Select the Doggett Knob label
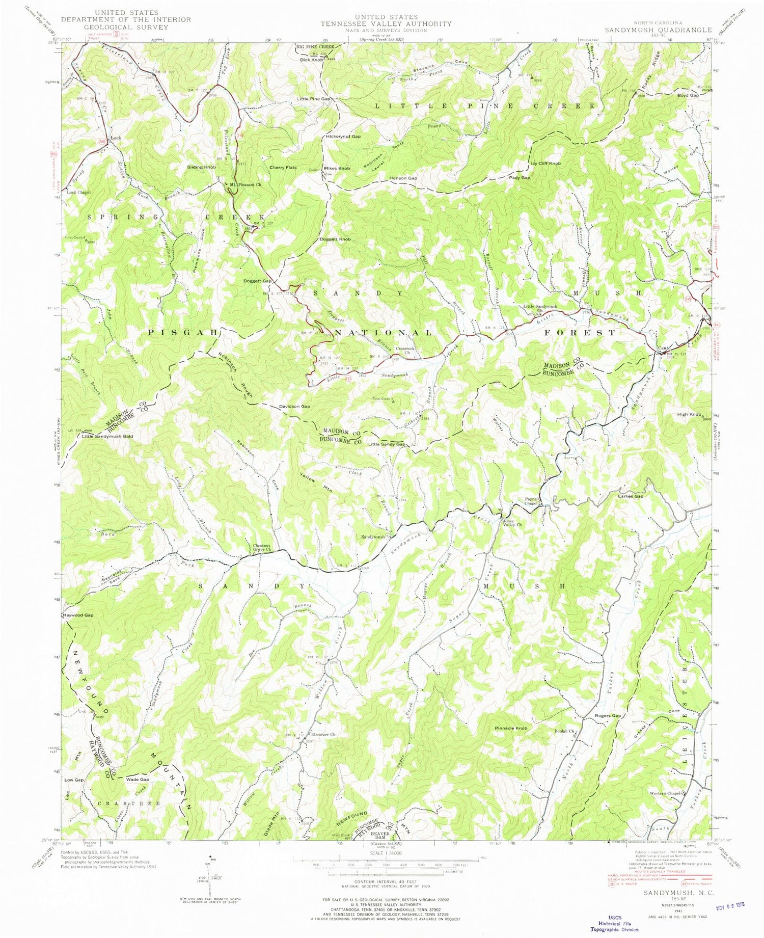coord(335,239)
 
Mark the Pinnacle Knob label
coord(511,728)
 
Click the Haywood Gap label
coord(78,615)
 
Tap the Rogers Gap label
coord(608,716)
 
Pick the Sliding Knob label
coord(202,167)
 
